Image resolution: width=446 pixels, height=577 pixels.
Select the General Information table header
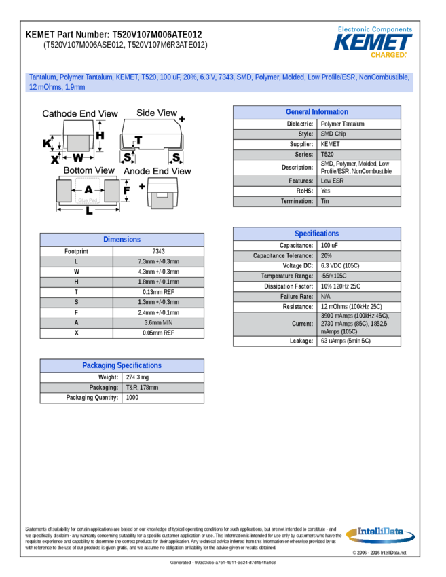[316, 112]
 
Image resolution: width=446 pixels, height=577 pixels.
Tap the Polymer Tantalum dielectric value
[342, 124]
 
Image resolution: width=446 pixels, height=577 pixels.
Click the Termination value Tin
[325, 201]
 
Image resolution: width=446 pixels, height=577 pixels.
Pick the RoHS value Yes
[326, 191]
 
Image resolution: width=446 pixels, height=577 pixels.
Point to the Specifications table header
[316, 234]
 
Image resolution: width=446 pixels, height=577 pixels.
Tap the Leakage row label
[301, 341]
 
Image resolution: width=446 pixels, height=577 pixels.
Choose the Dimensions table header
[122, 240]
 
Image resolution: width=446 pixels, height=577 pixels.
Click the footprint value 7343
[159, 251]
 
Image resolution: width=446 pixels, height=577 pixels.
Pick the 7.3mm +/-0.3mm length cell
[159, 261]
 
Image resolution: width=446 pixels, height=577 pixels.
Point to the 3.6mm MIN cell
[159, 322]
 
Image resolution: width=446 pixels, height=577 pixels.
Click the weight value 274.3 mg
[138, 377]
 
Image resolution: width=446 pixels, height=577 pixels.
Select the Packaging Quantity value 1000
[132, 398]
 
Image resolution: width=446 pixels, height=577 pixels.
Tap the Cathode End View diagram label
[80, 114]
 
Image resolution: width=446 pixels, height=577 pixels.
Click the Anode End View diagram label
[157, 172]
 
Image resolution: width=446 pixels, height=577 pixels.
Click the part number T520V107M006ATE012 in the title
[157, 34]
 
